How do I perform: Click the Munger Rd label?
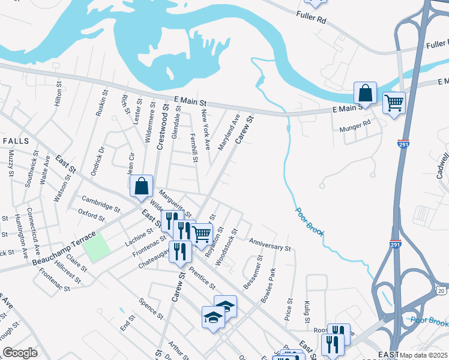tap(355, 122)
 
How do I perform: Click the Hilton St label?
tap(58, 95)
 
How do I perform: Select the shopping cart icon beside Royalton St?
tap(201, 234)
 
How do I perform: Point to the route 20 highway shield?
tap(441, 291)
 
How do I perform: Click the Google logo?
tap(20, 353)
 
